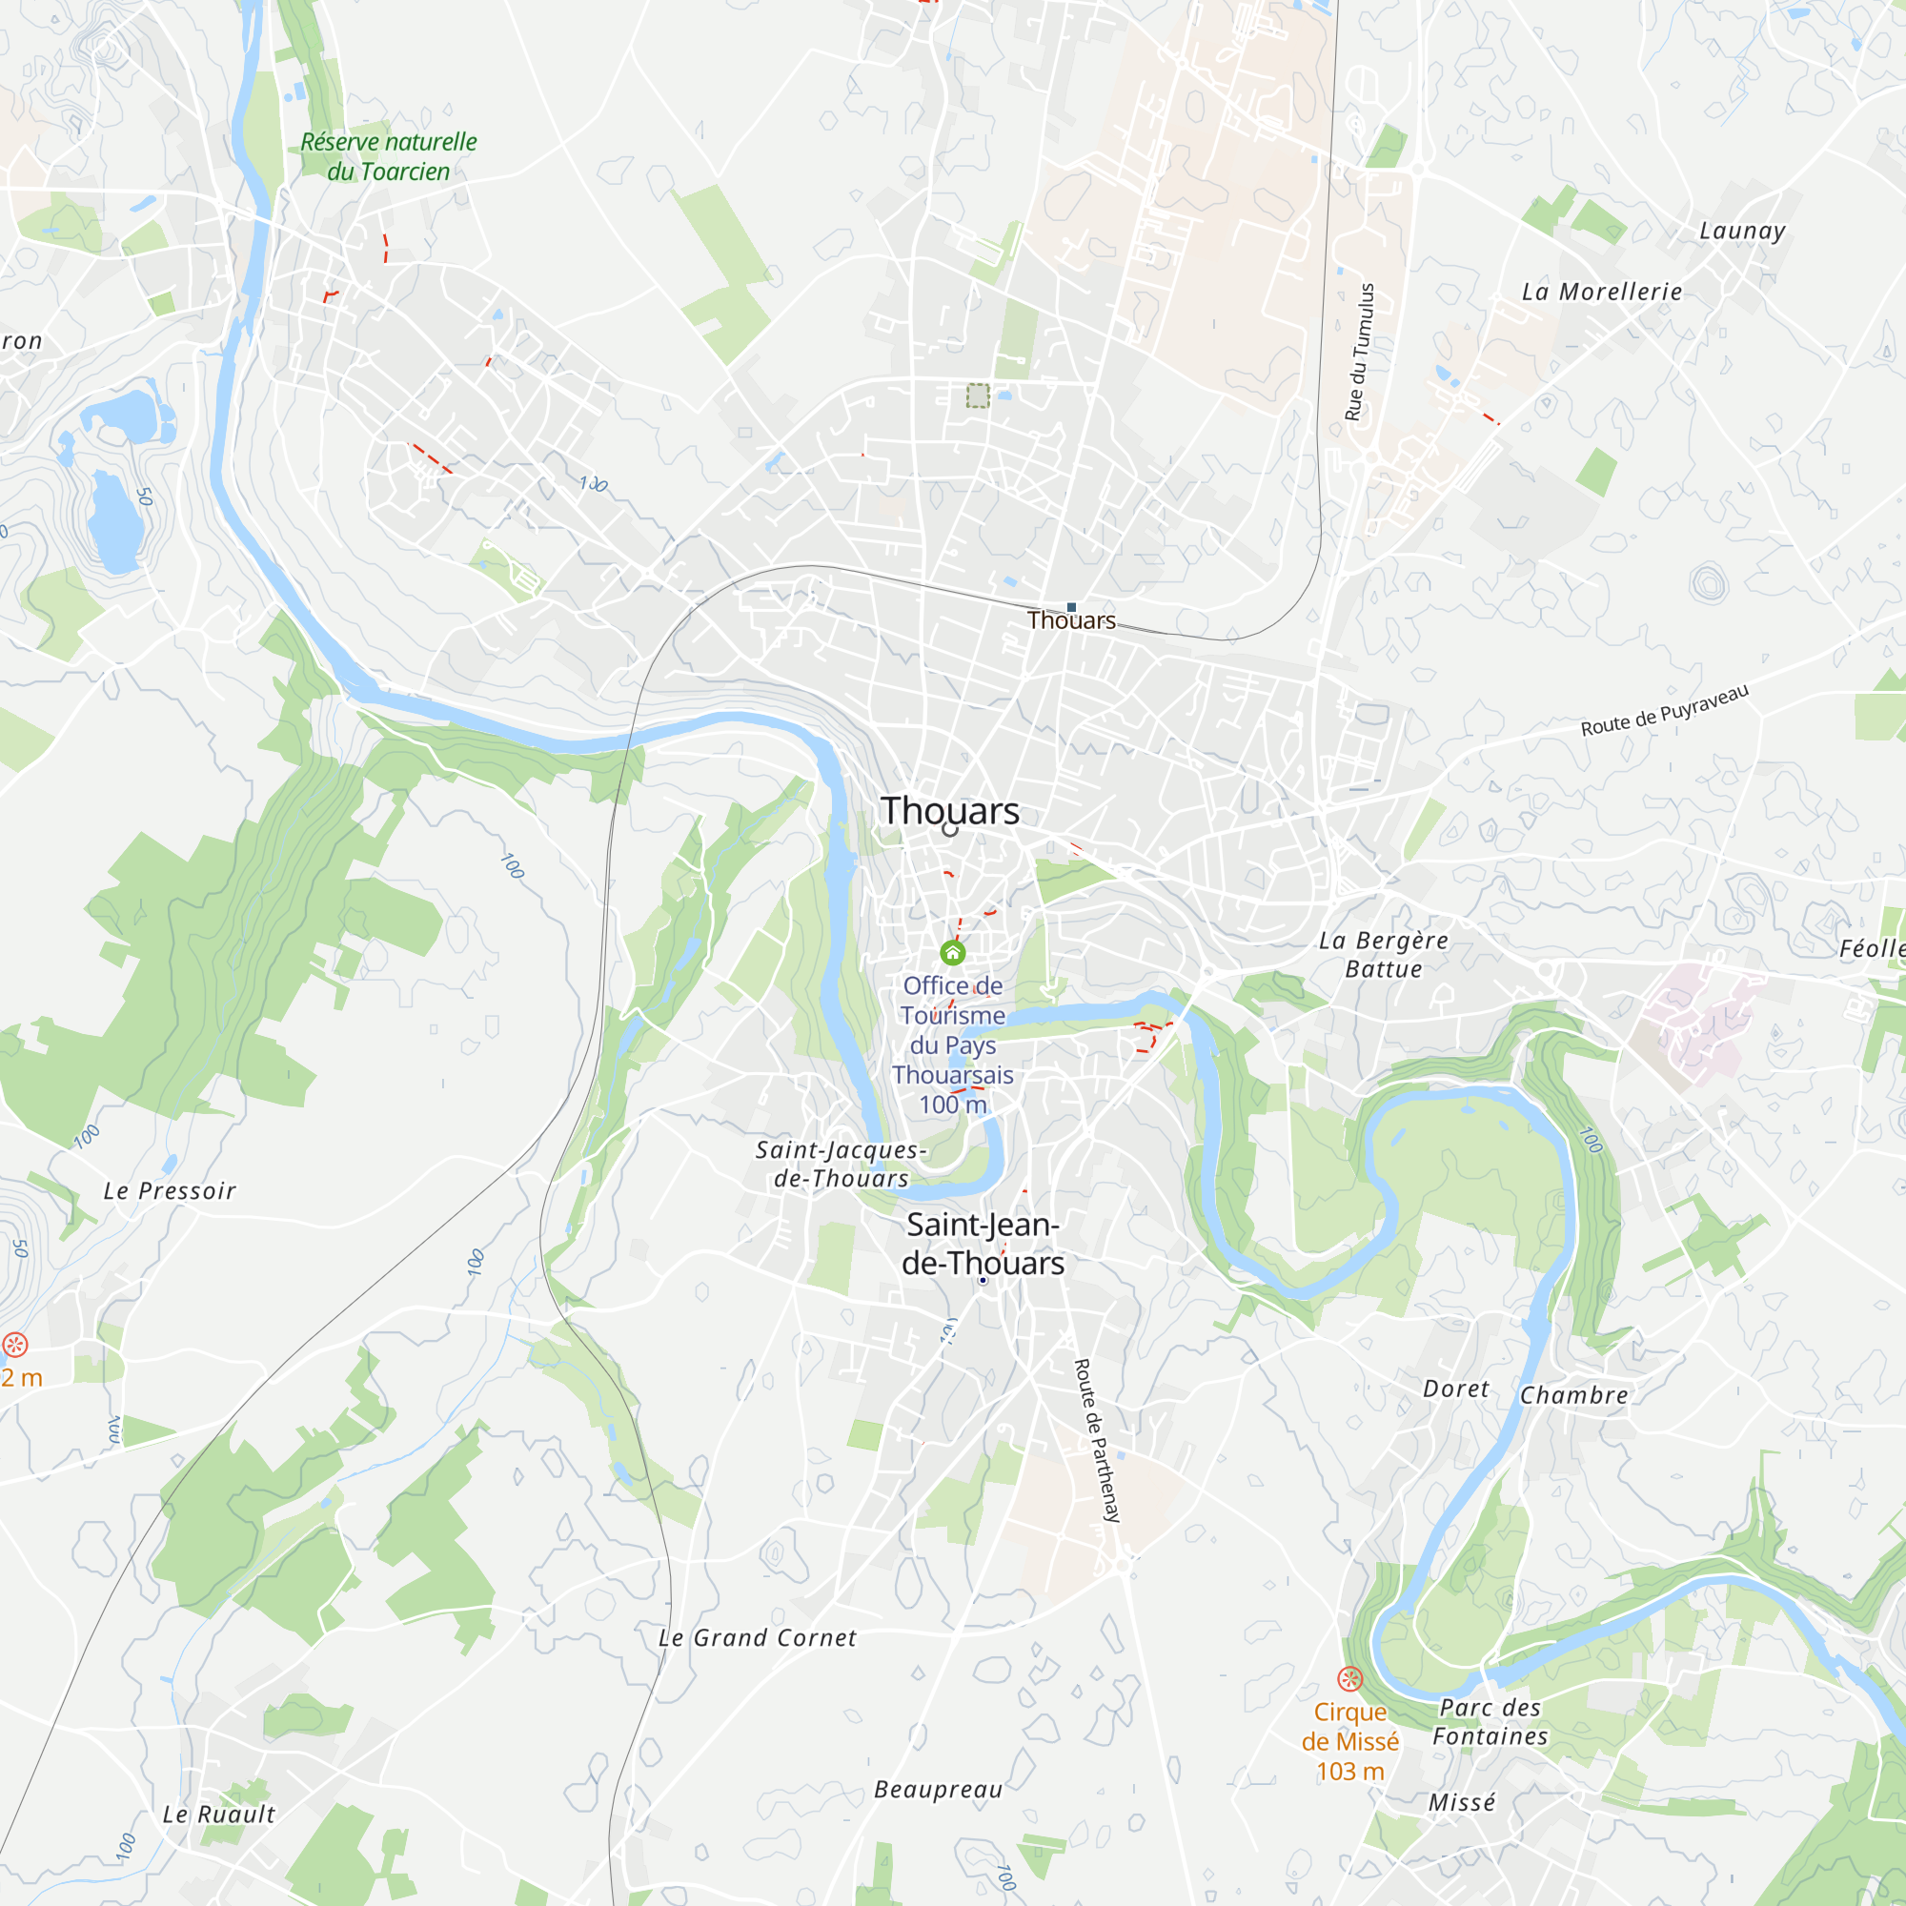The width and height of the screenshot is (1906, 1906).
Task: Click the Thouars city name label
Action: pyautogui.click(x=950, y=811)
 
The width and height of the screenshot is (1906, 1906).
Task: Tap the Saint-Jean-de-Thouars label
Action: pyautogui.click(x=983, y=1244)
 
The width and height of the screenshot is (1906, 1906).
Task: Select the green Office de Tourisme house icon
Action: pyautogui.click(x=952, y=952)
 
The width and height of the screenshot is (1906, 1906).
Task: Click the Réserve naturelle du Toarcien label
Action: pyautogui.click(x=389, y=157)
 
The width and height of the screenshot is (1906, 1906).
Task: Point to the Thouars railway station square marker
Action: pyautogui.click(x=1071, y=608)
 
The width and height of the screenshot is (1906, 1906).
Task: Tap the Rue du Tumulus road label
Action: pyautogui.click(x=1360, y=353)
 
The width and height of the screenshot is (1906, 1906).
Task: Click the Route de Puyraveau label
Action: pyautogui.click(x=1664, y=710)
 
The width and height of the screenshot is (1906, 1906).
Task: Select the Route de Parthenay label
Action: pyautogui.click(x=1097, y=1440)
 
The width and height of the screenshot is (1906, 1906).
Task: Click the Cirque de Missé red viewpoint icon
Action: pyautogui.click(x=1349, y=1678)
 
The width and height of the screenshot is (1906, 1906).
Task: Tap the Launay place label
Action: pyautogui.click(x=1742, y=231)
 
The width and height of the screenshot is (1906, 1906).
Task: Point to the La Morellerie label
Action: pyautogui.click(x=1601, y=292)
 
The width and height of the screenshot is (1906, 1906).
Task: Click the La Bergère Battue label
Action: pyautogui.click(x=1384, y=955)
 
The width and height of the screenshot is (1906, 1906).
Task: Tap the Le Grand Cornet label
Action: pyautogui.click(x=757, y=1638)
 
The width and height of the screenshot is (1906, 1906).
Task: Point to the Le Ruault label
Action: pyautogui.click(x=219, y=1815)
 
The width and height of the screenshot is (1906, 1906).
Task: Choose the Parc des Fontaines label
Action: pyautogui.click(x=1490, y=1722)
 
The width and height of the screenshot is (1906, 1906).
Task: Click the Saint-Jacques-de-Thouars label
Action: pyautogui.click(x=841, y=1165)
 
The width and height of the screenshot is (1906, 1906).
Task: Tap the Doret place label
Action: pyautogui.click(x=1455, y=1389)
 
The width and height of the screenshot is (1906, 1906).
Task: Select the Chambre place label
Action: pyautogui.click(x=1573, y=1396)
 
